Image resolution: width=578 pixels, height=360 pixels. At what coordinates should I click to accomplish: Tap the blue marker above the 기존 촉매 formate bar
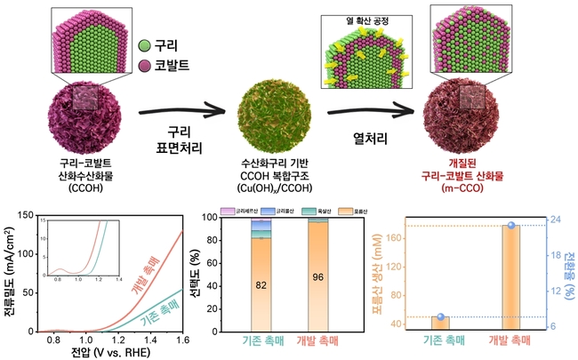coord(439,316)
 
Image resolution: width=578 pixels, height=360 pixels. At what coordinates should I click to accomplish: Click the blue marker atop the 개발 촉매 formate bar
coord(510,225)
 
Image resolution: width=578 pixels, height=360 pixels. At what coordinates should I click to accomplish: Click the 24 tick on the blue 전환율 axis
coord(552,218)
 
